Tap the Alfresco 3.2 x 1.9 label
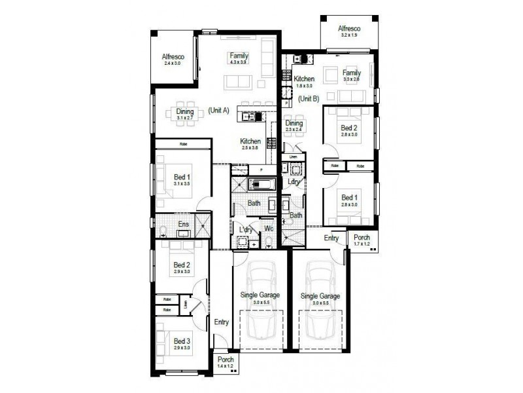(x=349, y=31)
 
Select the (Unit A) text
(x=218, y=111)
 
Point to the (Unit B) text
(x=308, y=99)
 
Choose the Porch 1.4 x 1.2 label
(x=226, y=362)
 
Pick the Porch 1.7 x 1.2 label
(x=361, y=240)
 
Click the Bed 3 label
(x=182, y=344)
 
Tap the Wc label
(x=269, y=229)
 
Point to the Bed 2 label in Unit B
(x=350, y=131)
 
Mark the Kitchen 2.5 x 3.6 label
(x=250, y=144)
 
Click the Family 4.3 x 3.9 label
(x=238, y=58)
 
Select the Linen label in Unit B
(x=293, y=157)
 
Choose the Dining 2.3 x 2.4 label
(x=294, y=126)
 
